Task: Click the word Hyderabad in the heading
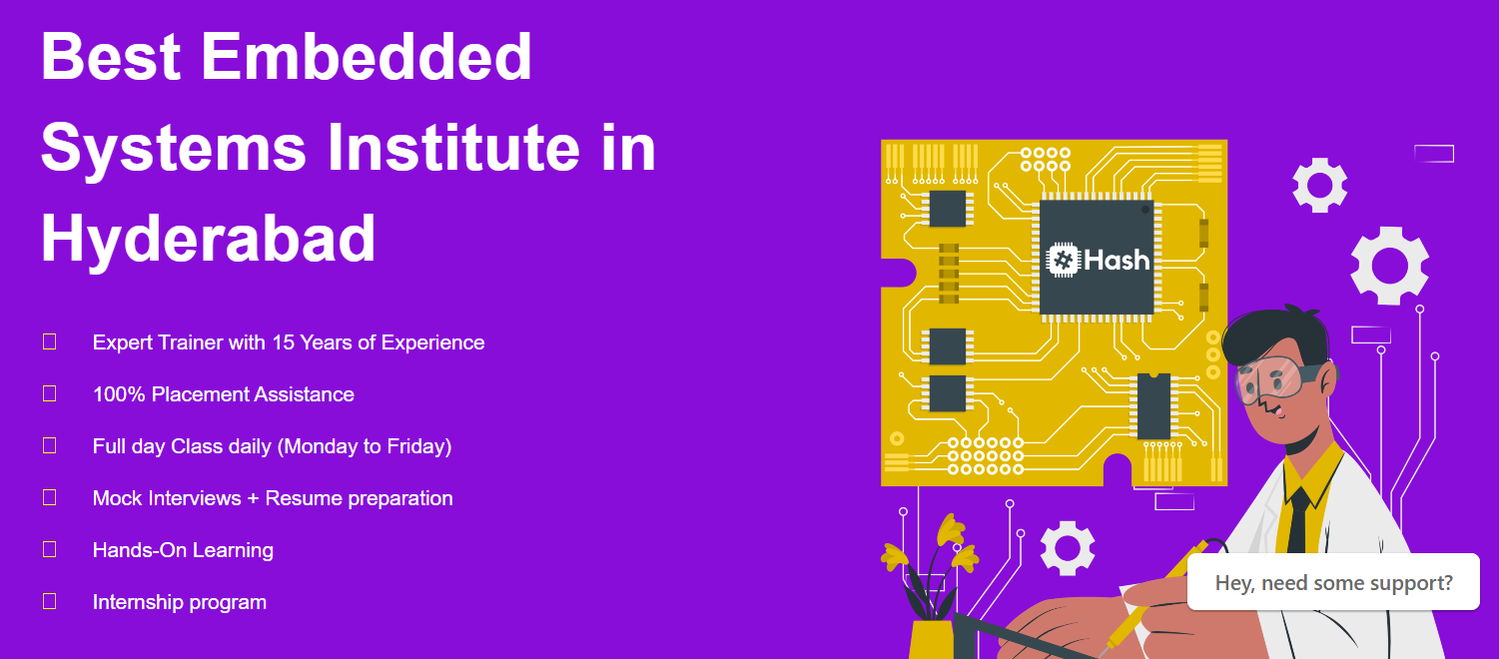click(x=208, y=239)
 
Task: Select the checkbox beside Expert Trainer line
click(x=50, y=341)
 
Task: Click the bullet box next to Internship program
click(x=50, y=601)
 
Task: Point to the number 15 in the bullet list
click(x=283, y=342)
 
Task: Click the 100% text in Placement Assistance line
click(x=119, y=394)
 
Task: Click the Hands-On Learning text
click(x=183, y=550)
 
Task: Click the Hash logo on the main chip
click(x=1098, y=260)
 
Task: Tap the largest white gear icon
click(x=1390, y=266)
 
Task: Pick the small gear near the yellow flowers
click(x=1068, y=548)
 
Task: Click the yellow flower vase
click(x=931, y=640)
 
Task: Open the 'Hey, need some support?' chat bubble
click(x=1333, y=582)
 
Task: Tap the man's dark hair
click(x=1275, y=334)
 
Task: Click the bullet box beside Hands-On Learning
click(x=50, y=549)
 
